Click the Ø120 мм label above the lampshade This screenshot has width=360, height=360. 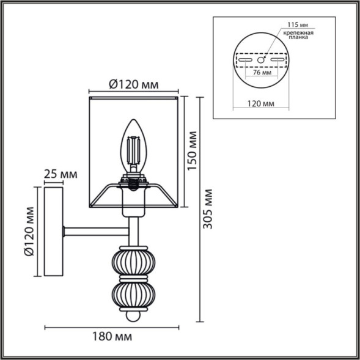133,86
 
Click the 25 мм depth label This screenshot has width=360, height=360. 61,174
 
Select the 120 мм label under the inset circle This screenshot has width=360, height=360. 262,105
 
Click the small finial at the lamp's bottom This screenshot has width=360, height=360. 131,317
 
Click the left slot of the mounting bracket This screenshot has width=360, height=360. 246,61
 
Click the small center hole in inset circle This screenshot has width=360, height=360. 261,61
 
